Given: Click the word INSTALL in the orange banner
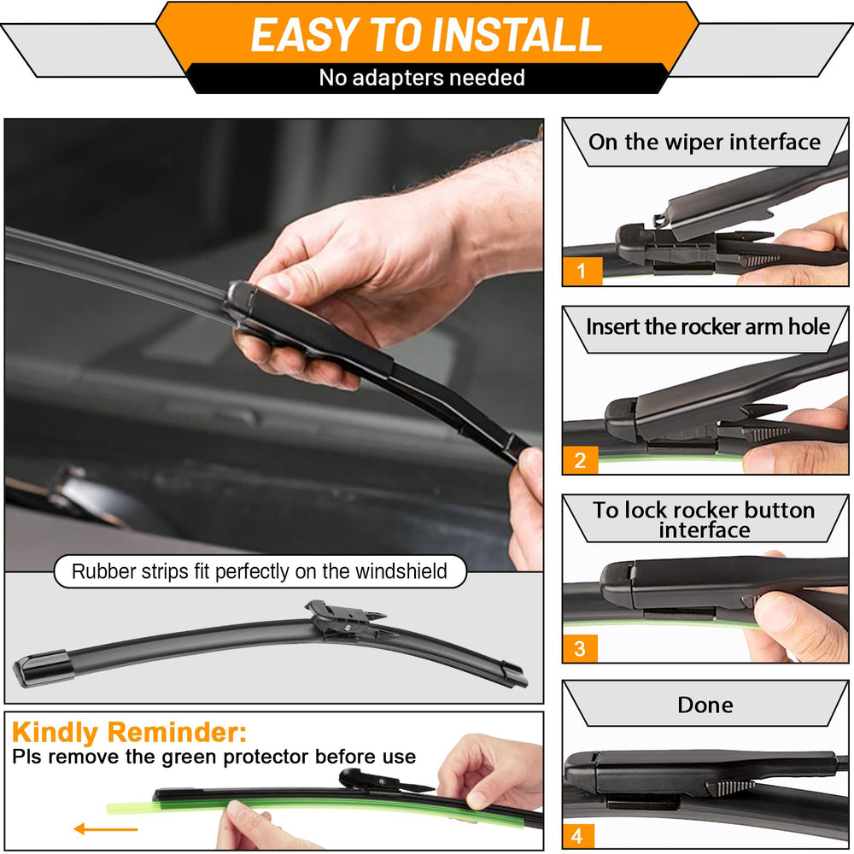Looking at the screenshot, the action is coord(517,35).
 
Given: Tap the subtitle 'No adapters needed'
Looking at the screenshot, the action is coord(422,78).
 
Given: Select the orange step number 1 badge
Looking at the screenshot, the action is coord(582,271).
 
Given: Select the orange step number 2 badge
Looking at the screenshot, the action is coord(581,460).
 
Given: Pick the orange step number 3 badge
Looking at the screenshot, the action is coord(580,648).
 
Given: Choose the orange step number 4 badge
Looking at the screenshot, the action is coord(578,835).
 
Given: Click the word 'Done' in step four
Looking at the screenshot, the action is coord(705,705).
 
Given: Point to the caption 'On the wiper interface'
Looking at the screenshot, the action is coord(705,142).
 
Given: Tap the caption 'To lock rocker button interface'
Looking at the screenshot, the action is coord(705,519).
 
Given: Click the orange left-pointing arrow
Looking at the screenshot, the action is coord(106,829).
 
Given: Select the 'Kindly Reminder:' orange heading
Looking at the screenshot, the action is coord(129,732).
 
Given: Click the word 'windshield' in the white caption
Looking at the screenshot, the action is coord(401,571).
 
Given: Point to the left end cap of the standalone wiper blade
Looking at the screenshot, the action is coord(44,668).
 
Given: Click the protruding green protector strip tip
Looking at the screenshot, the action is coord(130,808).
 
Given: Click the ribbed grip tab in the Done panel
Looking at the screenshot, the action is coord(730,787).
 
